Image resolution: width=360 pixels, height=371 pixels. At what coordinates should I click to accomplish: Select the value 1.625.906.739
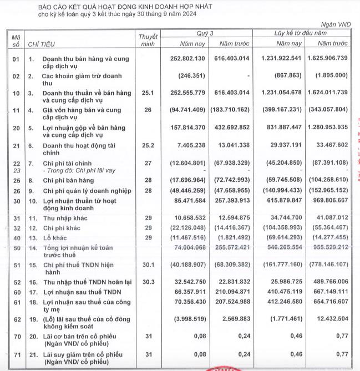click(323, 59)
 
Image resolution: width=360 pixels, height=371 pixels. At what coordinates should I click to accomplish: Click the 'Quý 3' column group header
click(205, 33)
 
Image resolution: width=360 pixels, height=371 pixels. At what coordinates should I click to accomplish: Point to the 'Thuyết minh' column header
click(148, 39)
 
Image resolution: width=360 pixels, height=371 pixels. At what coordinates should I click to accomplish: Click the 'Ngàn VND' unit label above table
click(336, 25)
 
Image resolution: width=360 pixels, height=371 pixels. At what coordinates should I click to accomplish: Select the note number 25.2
click(148, 146)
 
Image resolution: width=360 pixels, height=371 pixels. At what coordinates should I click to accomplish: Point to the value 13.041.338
click(233, 146)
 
